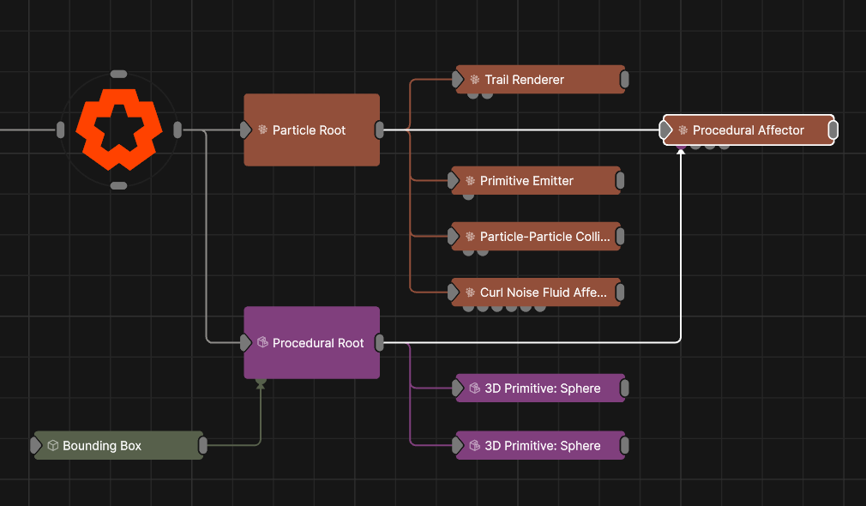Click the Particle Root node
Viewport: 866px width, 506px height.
(311, 130)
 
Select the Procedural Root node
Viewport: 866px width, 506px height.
(311, 343)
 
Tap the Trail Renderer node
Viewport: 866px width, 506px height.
(538, 80)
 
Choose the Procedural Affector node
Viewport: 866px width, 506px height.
(748, 130)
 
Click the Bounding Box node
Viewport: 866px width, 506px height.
(118, 446)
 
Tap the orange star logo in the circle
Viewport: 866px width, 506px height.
(118, 130)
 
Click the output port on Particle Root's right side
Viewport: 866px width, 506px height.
(380, 130)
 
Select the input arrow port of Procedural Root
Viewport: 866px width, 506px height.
(245, 343)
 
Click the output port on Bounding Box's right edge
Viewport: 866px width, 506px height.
(203, 446)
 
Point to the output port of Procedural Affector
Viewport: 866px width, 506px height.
(833, 130)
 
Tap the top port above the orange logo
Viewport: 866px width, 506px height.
(119, 75)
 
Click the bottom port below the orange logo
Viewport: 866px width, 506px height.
(119, 185)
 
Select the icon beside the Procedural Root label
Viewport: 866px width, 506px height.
(262, 343)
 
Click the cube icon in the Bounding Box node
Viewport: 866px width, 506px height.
(52, 446)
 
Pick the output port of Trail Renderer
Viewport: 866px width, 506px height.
(624, 80)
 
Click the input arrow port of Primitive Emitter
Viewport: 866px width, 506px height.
(455, 181)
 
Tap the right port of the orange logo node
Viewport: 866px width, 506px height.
(177, 130)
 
